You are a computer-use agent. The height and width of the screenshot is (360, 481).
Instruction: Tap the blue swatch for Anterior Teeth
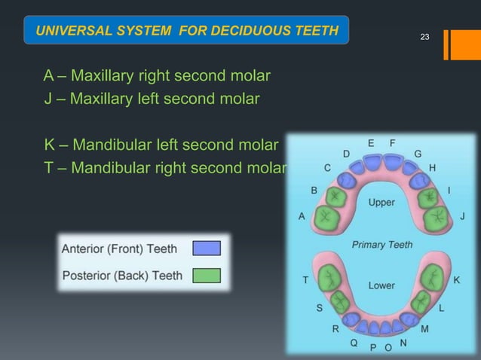[207, 249]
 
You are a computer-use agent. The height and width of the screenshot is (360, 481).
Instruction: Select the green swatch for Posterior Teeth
[207, 275]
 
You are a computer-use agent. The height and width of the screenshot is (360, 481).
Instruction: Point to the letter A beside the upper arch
[302, 216]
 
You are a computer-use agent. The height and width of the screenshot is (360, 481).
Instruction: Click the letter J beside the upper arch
[462, 216]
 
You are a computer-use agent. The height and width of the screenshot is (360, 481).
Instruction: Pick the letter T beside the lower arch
[305, 279]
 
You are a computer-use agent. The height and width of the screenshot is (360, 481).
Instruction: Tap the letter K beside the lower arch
[457, 279]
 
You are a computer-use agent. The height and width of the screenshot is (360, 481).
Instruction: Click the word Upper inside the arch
[381, 203]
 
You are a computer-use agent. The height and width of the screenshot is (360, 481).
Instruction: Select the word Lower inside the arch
[381, 285]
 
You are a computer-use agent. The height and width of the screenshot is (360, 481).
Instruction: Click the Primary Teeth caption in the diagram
[381, 245]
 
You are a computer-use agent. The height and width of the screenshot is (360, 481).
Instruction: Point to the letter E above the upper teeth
[371, 142]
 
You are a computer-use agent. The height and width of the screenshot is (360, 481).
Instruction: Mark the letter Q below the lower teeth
[353, 343]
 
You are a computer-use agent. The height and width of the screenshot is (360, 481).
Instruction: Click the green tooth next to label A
[329, 218]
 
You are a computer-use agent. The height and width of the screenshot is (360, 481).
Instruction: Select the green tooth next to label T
[329, 278]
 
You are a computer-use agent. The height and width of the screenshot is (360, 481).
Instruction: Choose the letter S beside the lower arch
[319, 308]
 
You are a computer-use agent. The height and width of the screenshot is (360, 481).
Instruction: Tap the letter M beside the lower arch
[425, 328]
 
